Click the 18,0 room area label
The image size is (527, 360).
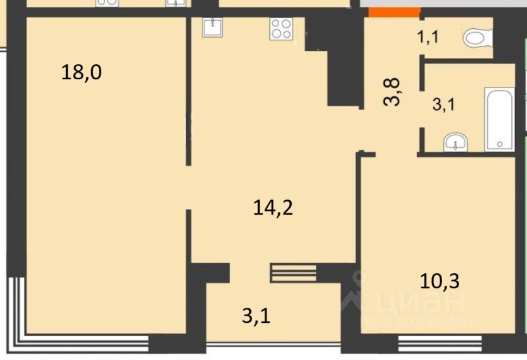click(x=81, y=72)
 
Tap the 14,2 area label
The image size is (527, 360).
click(x=273, y=207)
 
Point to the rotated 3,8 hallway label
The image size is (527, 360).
click(x=392, y=91)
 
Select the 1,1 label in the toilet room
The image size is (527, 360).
click(x=428, y=37)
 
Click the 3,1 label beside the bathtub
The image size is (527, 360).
click(x=443, y=104)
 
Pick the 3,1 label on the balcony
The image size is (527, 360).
click(x=256, y=317)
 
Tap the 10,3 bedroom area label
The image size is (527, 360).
click(x=440, y=281)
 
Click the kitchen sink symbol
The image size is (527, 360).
click(x=213, y=27)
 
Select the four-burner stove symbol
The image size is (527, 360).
click(x=281, y=29)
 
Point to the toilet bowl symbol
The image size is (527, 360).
click(x=477, y=38)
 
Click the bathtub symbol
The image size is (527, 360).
click(x=499, y=119)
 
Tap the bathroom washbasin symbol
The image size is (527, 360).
click(x=455, y=143)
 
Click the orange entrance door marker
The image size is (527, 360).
click(x=394, y=12)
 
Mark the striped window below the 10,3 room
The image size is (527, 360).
click(x=440, y=344)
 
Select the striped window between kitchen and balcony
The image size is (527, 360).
click(x=294, y=273)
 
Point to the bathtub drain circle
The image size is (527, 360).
click(x=499, y=144)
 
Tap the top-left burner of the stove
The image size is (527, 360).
click(x=276, y=24)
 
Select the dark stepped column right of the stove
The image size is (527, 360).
click(x=335, y=62)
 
